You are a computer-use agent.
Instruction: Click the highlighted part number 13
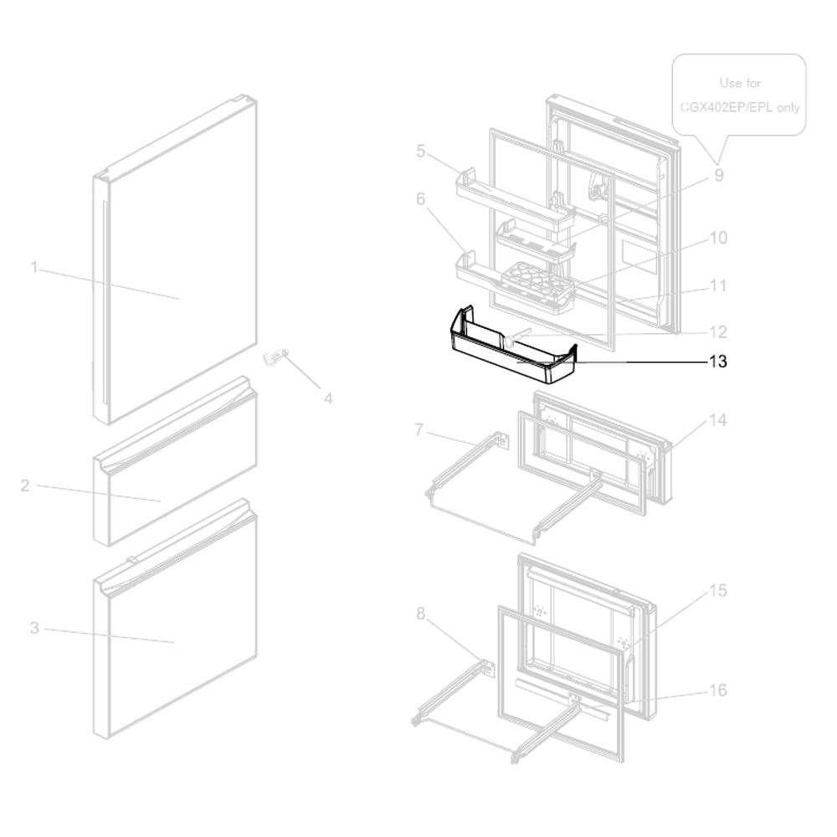pos(717,362)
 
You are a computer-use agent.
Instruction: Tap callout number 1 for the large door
pos(34,268)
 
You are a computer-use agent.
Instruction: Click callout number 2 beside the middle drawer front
pos(25,485)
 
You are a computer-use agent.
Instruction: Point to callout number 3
pos(34,628)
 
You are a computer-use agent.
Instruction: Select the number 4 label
pos(328,399)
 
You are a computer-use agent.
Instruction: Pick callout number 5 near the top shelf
pos(421,151)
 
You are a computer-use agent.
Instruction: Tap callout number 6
pos(421,199)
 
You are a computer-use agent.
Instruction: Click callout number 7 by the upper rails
pos(420,430)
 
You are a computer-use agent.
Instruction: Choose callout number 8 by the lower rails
pos(420,614)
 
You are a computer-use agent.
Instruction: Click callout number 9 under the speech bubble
pos(718,176)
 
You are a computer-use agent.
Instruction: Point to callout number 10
pos(717,238)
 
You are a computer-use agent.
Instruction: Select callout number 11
pos(717,285)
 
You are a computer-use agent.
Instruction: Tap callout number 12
pos(717,331)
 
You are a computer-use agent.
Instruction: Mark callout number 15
pos(717,591)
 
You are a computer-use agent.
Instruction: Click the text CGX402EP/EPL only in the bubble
pos(739,107)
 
